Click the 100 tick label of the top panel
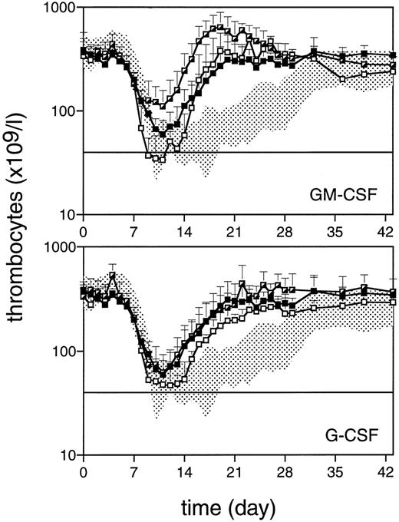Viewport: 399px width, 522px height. click(x=61, y=111)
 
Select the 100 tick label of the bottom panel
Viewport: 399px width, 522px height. click(x=61, y=352)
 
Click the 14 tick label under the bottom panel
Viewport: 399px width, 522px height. click(x=185, y=471)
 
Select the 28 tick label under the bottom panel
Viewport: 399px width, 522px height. click(x=286, y=471)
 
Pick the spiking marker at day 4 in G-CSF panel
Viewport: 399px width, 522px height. click(x=113, y=276)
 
